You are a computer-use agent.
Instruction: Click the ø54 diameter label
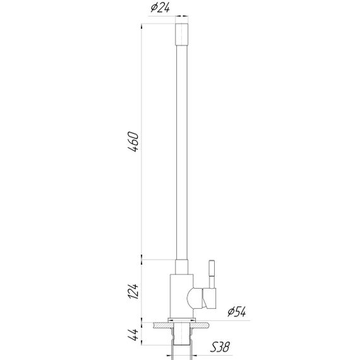[x=236, y=311]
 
